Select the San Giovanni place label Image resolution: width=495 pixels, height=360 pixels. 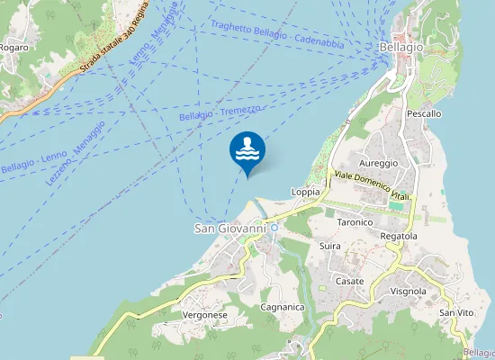[x=230, y=229]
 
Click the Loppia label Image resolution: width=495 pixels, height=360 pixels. [x=306, y=192]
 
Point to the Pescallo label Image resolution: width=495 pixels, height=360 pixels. [x=424, y=114]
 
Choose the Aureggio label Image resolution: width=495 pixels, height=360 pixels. [x=378, y=163]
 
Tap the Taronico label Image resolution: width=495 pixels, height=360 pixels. [x=355, y=221]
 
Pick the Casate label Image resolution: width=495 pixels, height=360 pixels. [x=349, y=281]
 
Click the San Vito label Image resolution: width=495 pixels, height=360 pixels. [x=456, y=311]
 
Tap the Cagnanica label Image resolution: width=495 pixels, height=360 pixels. [x=281, y=308]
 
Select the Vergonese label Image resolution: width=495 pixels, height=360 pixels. [x=204, y=315]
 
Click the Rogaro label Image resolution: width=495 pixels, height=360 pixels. [x=13, y=47]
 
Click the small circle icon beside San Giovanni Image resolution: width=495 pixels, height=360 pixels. [x=274, y=229]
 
